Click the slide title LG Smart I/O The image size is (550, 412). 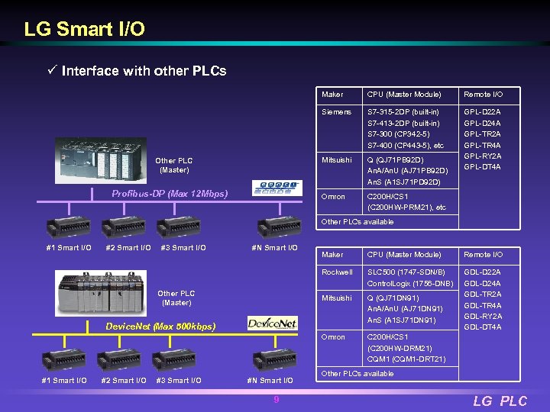pyautogui.click(x=84, y=30)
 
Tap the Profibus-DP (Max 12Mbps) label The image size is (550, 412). pyautogui.click(x=170, y=194)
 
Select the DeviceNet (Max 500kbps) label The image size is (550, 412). pyautogui.click(x=160, y=327)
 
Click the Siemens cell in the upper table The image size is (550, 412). pyautogui.click(x=337, y=111)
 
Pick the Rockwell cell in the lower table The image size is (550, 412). pyautogui.click(x=338, y=272)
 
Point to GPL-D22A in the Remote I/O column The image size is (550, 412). pyautogui.click(x=482, y=111)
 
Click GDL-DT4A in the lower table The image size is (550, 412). pyautogui.click(x=482, y=327)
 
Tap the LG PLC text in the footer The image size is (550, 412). pyautogui.click(x=500, y=401)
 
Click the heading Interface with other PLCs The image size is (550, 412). pyautogui.click(x=144, y=71)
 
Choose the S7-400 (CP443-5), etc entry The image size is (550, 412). pyautogui.click(x=406, y=145)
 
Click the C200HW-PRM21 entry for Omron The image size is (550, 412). pyautogui.click(x=406, y=208)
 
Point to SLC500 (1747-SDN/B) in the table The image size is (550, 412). pyautogui.click(x=406, y=272)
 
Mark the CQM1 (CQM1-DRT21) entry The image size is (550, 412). pyautogui.click(x=406, y=359)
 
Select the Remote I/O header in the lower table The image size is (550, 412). pyautogui.click(x=483, y=254)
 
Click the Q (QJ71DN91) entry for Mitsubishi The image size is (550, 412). pyautogui.click(x=393, y=298)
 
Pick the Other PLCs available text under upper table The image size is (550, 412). pyautogui.click(x=357, y=222)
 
